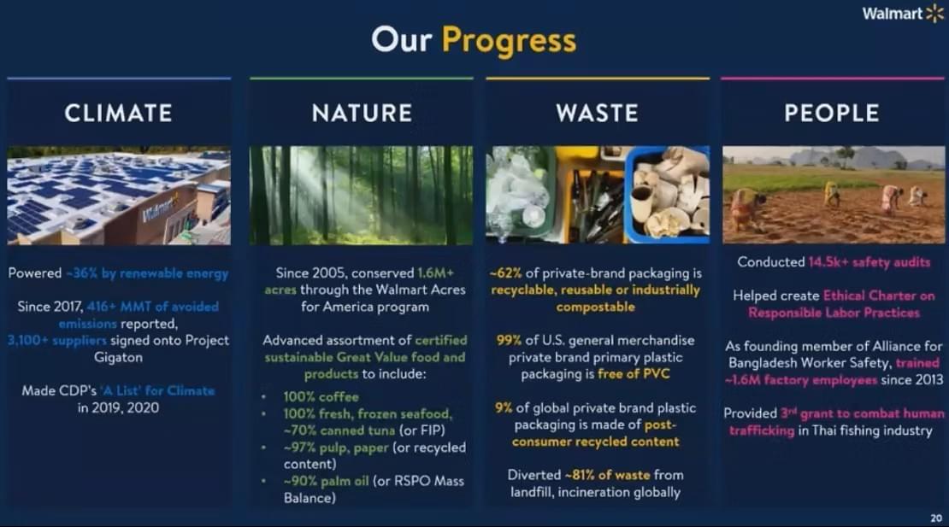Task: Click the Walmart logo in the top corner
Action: (903, 14)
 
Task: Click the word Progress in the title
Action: (509, 41)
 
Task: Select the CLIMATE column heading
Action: (119, 113)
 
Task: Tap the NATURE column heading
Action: (362, 113)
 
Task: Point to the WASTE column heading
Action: (598, 113)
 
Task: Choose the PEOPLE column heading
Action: (832, 113)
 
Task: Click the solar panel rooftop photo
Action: (119, 196)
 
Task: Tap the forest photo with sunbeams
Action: (362, 196)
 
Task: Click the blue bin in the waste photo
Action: (667, 195)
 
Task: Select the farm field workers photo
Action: (834, 195)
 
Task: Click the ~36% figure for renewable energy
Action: (82, 273)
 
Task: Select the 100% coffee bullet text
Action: (321, 397)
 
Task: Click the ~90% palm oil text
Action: (326, 481)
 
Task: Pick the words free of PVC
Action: (634, 374)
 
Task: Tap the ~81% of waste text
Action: (607, 475)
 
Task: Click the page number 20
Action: (936, 518)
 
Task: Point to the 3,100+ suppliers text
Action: (57, 340)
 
